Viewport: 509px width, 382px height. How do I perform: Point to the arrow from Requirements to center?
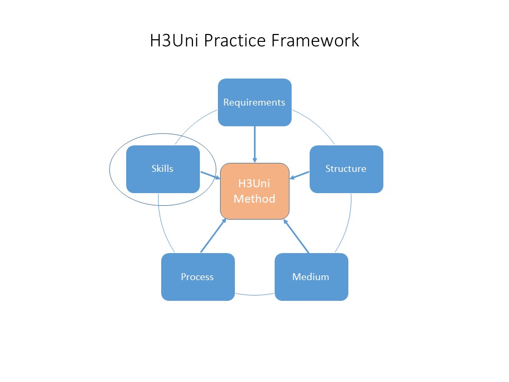point(254,143)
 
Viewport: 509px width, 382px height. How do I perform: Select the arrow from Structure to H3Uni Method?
point(300,175)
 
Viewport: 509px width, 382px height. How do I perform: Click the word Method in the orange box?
point(254,199)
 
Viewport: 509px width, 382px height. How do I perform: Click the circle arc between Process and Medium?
point(254,294)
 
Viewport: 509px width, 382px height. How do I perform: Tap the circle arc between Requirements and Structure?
point(315,124)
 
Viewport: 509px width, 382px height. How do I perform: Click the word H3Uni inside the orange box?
point(254,184)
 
